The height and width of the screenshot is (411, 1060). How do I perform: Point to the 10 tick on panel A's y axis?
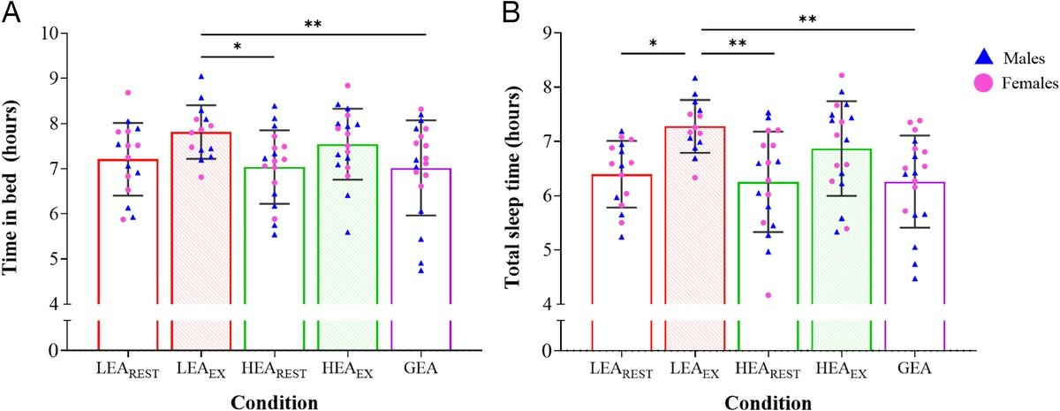point(58,34)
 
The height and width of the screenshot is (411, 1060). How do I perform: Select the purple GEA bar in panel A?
point(420,239)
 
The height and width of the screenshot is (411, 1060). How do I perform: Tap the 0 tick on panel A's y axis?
point(58,351)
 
